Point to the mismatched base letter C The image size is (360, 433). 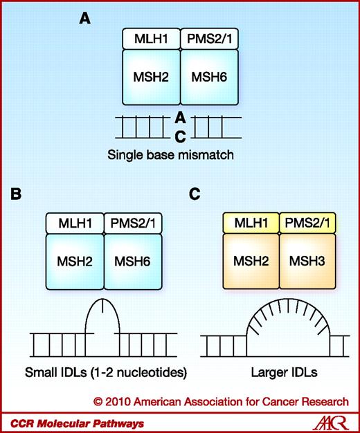(x=180, y=137)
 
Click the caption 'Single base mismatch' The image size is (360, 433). (x=179, y=156)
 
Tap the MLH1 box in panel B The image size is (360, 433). (x=74, y=223)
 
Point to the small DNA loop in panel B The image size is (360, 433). (x=103, y=322)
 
